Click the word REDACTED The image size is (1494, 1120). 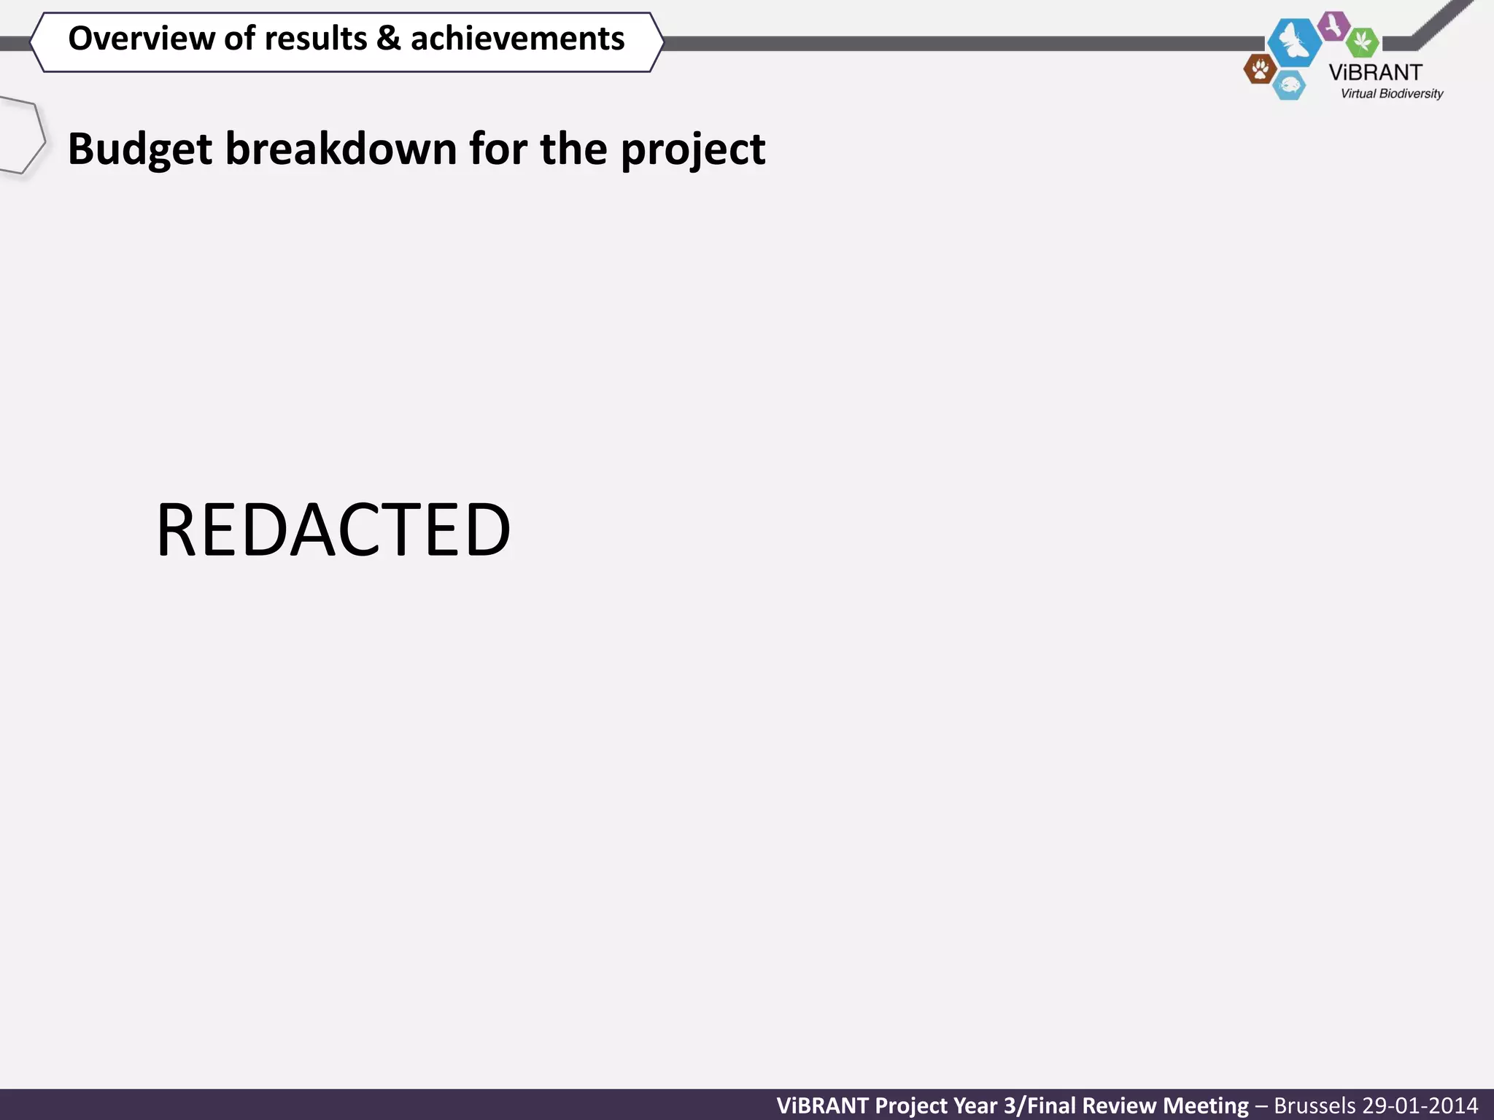(x=333, y=530)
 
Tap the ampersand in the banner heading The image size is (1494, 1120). (x=388, y=39)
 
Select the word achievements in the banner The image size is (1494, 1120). (x=517, y=39)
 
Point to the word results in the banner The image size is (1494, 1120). (x=316, y=39)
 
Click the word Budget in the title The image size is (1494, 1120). (x=140, y=149)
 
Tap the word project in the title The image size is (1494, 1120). (x=692, y=149)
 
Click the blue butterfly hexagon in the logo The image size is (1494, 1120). (x=1294, y=42)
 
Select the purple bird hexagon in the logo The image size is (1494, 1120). (x=1334, y=26)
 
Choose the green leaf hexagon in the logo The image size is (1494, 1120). (x=1362, y=42)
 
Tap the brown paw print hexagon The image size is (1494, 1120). (x=1260, y=70)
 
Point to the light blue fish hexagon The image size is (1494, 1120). (x=1289, y=86)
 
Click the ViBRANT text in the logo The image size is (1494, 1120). (x=1375, y=72)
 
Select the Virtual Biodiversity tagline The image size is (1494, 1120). (x=1391, y=93)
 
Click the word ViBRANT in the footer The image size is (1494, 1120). (x=822, y=1105)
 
